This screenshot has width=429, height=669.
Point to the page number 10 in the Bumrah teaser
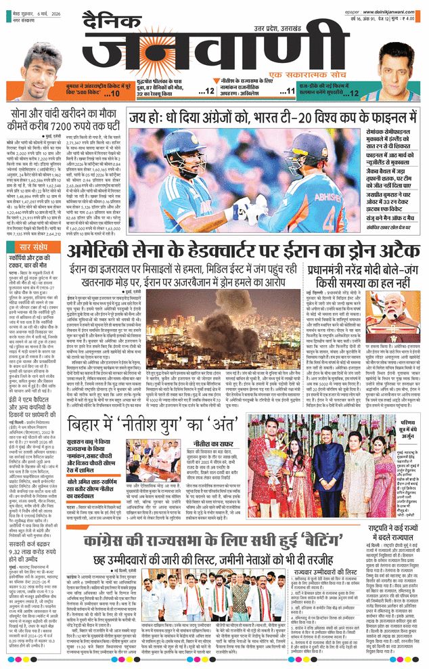(x=115, y=95)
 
